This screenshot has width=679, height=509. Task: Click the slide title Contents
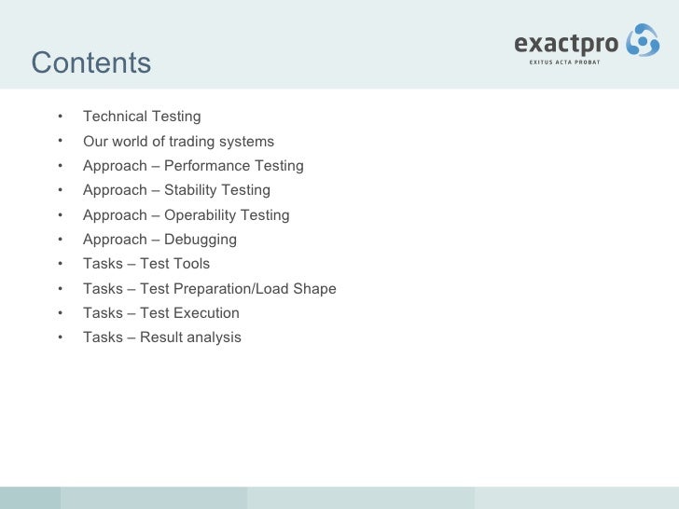[x=90, y=63]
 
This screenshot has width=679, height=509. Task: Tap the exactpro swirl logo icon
[x=642, y=42]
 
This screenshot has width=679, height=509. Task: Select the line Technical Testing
[x=142, y=117]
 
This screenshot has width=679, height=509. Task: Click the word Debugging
[x=201, y=240]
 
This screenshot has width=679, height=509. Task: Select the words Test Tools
[x=174, y=264]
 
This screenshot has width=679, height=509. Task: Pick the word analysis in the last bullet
[x=213, y=337]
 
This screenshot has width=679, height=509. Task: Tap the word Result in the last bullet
[x=160, y=337]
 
